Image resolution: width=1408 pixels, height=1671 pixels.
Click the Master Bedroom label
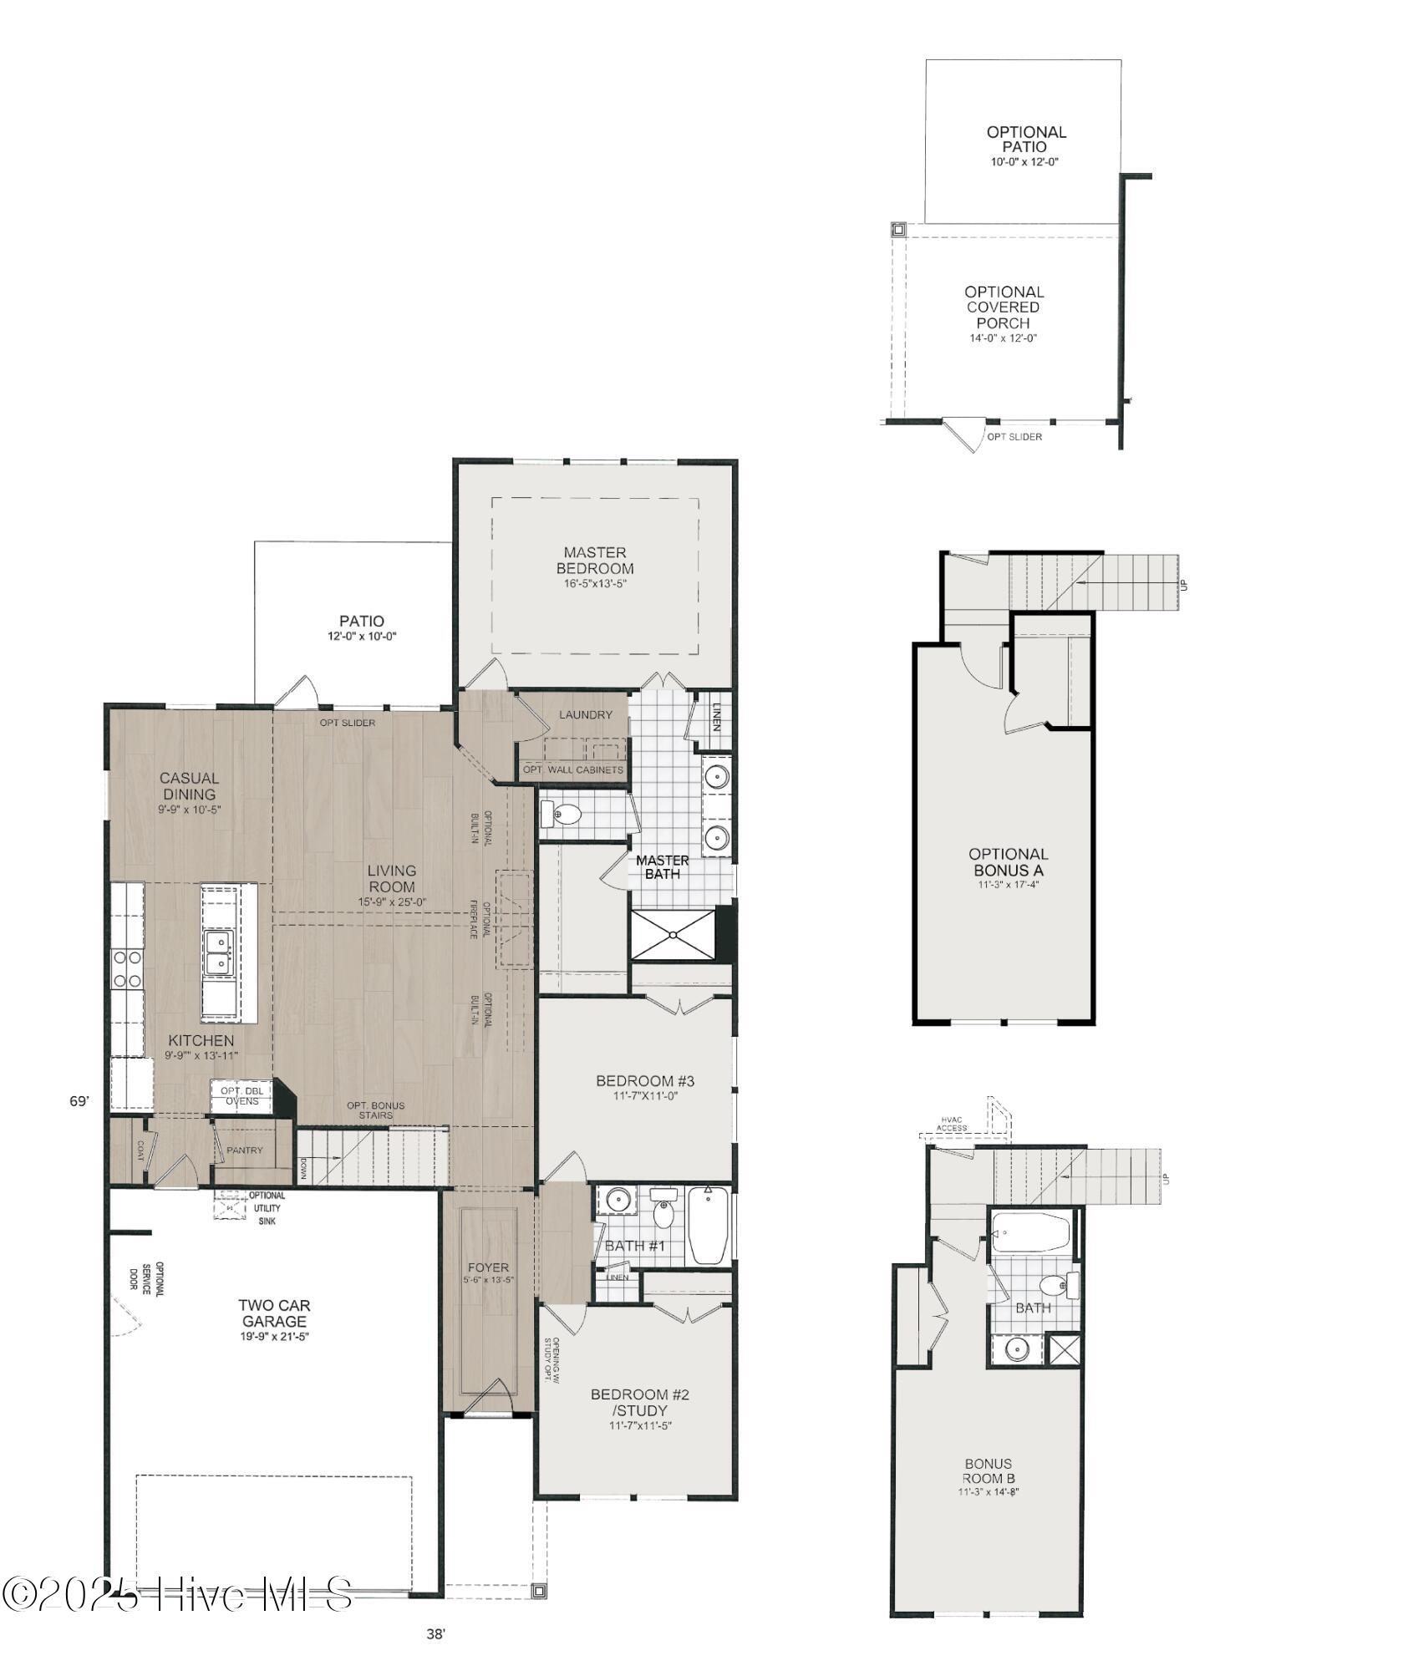(x=594, y=561)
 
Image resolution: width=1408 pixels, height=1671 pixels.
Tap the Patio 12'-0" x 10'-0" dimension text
(x=361, y=637)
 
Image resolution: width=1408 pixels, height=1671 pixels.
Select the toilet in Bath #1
(x=664, y=1212)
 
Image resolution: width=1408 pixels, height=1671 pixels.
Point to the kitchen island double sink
(x=218, y=953)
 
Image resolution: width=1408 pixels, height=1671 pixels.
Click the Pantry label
(x=244, y=1150)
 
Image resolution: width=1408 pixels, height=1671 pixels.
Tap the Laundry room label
(x=585, y=714)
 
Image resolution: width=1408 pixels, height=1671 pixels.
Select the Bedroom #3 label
(x=644, y=1081)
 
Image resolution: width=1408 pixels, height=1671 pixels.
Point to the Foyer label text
(x=488, y=1267)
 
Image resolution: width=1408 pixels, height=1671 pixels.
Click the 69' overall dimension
(x=79, y=1102)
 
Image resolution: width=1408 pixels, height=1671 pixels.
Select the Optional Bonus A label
(x=1008, y=862)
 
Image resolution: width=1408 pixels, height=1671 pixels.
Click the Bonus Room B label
(x=988, y=1470)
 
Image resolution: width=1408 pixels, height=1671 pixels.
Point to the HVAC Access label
(x=951, y=1124)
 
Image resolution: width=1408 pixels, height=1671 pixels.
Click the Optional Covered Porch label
(x=1004, y=307)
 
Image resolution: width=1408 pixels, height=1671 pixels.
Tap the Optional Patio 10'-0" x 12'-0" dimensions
(x=1024, y=162)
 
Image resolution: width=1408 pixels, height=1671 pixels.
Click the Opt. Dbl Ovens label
(x=241, y=1096)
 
